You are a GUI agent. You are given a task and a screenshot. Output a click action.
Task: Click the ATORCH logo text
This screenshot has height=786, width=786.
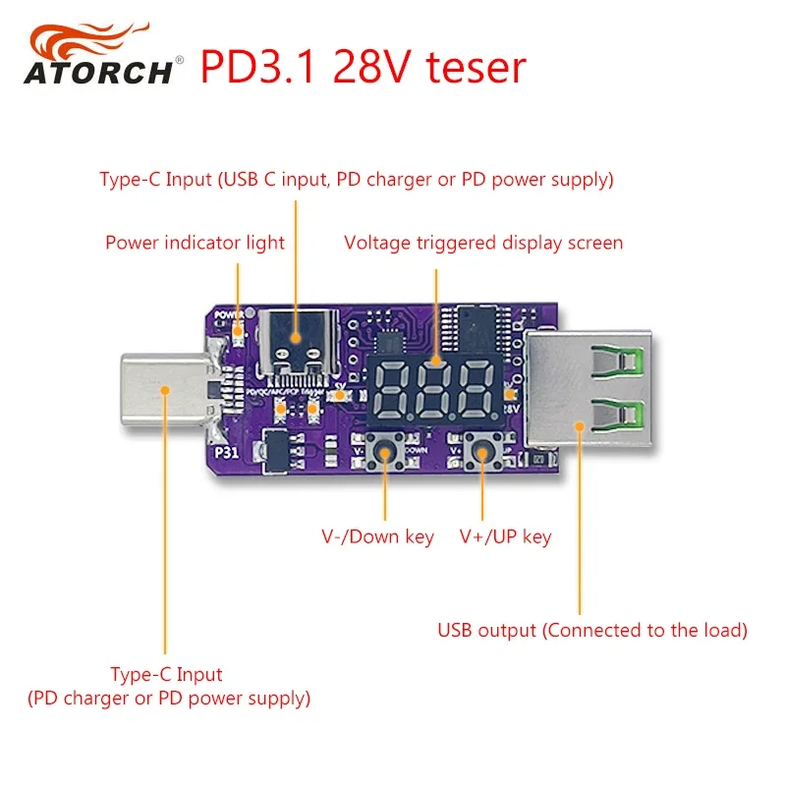pyautogui.click(x=98, y=73)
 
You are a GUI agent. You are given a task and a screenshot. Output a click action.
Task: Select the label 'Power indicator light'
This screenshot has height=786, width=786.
pyautogui.click(x=195, y=243)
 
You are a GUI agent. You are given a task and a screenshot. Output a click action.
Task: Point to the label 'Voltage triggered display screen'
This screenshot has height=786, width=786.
pyautogui.click(x=483, y=243)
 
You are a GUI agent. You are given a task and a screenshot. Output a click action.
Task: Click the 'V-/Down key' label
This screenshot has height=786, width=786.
pyautogui.click(x=377, y=537)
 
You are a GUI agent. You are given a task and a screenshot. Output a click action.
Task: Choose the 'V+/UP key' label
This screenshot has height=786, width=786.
pyautogui.click(x=505, y=537)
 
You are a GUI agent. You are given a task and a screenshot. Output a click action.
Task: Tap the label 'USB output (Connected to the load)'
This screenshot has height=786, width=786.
pyautogui.click(x=592, y=630)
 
